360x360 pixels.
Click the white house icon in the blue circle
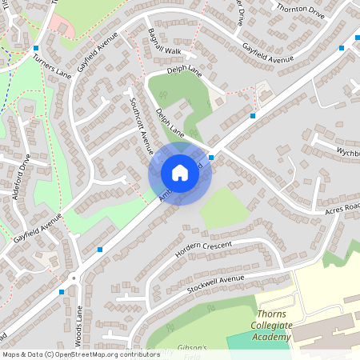(x=180, y=172)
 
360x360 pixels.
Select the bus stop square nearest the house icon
(x=211, y=158)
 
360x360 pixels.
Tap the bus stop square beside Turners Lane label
(x=36, y=48)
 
